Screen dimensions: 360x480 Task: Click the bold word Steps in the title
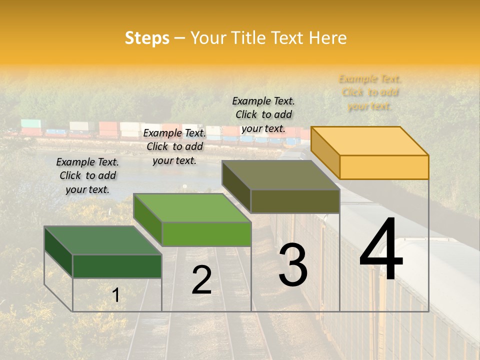pyautogui.click(x=147, y=38)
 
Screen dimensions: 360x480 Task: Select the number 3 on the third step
pyautogui.click(x=293, y=265)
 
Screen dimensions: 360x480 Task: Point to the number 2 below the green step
pyautogui.click(x=201, y=280)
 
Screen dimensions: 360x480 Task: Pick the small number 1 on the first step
pyautogui.click(x=115, y=295)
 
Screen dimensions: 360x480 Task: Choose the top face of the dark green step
pyautogui.click(x=103, y=240)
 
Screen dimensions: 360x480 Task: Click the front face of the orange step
pyautogui.click(x=384, y=167)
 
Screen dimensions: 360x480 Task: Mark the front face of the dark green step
pyautogui.click(x=117, y=266)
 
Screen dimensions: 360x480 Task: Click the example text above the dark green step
pyautogui.click(x=87, y=176)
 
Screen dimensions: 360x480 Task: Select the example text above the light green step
pyautogui.click(x=174, y=147)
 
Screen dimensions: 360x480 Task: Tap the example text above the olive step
pyautogui.click(x=264, y=114)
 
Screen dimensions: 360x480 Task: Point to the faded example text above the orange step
pyautogui.click(x=370, y=92)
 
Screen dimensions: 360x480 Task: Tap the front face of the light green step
pyautogui.click(x=206, y=234)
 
